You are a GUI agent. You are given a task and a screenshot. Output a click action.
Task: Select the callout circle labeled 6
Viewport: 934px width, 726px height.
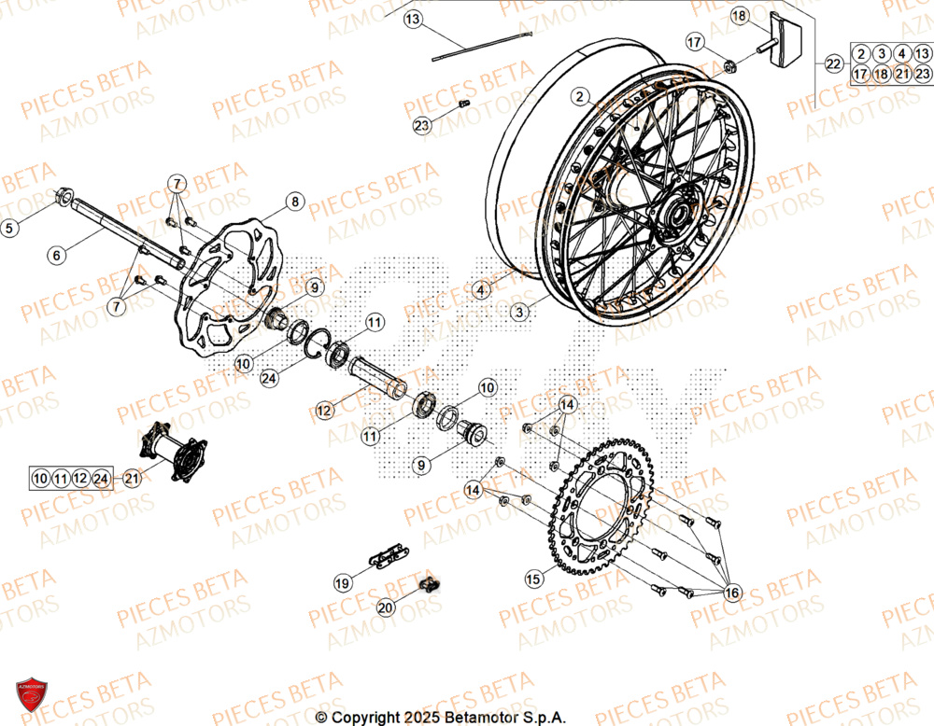[57, 254]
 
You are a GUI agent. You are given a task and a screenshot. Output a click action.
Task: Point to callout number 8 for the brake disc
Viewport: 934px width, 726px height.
[294, 201]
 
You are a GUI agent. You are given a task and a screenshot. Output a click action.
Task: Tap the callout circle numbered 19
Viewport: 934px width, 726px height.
[343, 582]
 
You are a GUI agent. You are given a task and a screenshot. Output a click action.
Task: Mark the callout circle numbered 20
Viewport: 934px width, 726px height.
[386, 607]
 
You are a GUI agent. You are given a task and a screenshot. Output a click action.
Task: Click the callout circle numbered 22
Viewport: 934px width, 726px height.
[834, 63]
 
